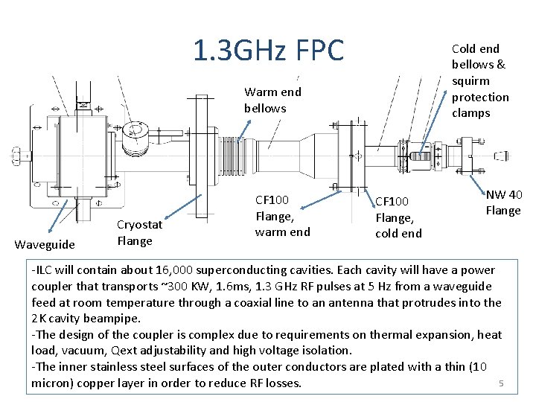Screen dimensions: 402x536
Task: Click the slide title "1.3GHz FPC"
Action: (268, 51)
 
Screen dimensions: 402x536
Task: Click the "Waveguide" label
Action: (45, 244)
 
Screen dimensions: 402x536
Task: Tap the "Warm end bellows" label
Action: (272, 100)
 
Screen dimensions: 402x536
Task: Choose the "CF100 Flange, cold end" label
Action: (398, 217)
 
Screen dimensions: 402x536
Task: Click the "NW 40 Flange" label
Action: (503, 202)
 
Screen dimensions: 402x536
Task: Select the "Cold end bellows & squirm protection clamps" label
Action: (480, 80)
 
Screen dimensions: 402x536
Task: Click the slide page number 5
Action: (502, 383)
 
